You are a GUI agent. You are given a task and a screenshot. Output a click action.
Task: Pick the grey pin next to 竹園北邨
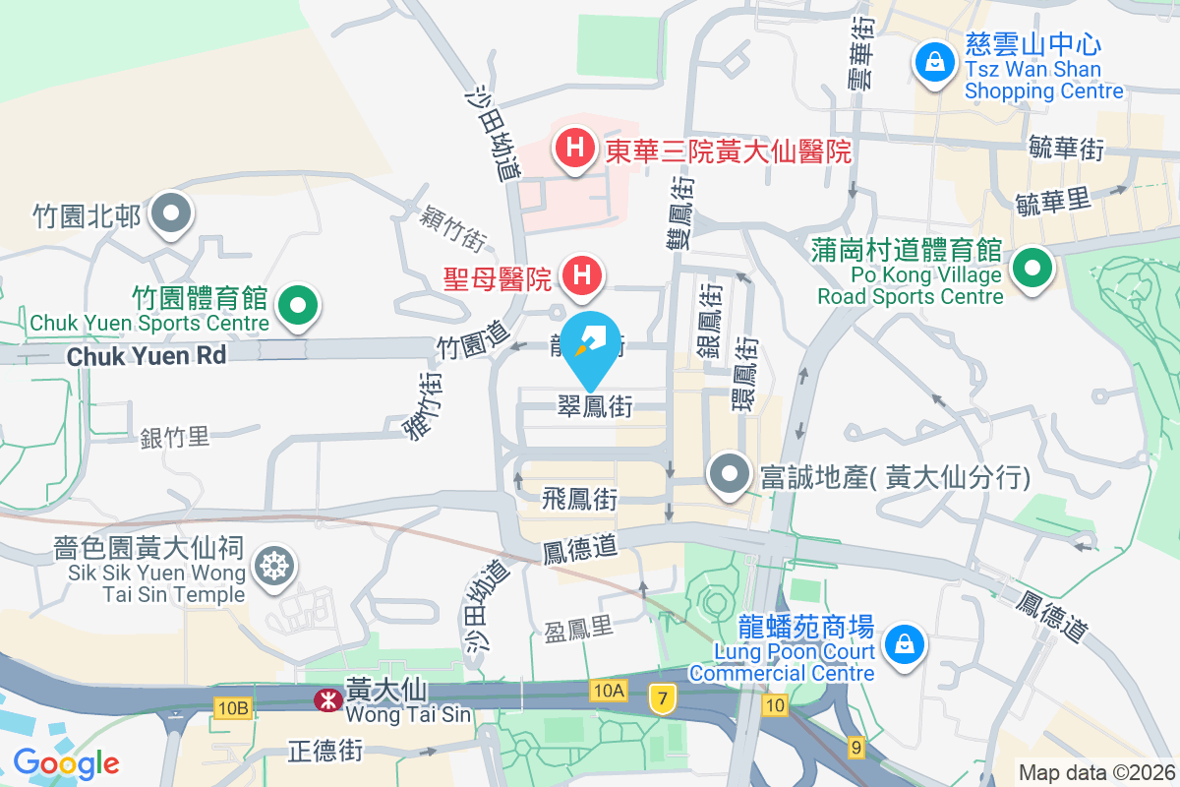(x=172, y=213)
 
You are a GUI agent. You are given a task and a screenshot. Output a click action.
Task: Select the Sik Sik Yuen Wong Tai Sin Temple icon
(x=271, y=565)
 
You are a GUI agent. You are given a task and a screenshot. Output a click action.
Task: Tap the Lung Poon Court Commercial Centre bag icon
(x=901, y=645)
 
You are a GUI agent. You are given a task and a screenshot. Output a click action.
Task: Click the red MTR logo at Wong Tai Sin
(x=324, y=700)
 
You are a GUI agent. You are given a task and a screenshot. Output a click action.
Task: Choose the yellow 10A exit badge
(x=609, y=691)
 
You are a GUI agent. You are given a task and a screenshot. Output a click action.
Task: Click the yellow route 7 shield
(x=664, y=699)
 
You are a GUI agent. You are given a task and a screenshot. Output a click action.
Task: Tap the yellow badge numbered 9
(x=855, y=749)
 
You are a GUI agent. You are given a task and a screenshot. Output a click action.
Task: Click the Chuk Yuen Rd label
(x=147, y=355)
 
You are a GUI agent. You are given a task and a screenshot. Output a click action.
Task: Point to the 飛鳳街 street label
(x=579, y=499)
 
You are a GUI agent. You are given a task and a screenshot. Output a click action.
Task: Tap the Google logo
(x=67, y=762)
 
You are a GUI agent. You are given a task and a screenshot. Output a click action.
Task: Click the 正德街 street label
(x=325, y=752)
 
